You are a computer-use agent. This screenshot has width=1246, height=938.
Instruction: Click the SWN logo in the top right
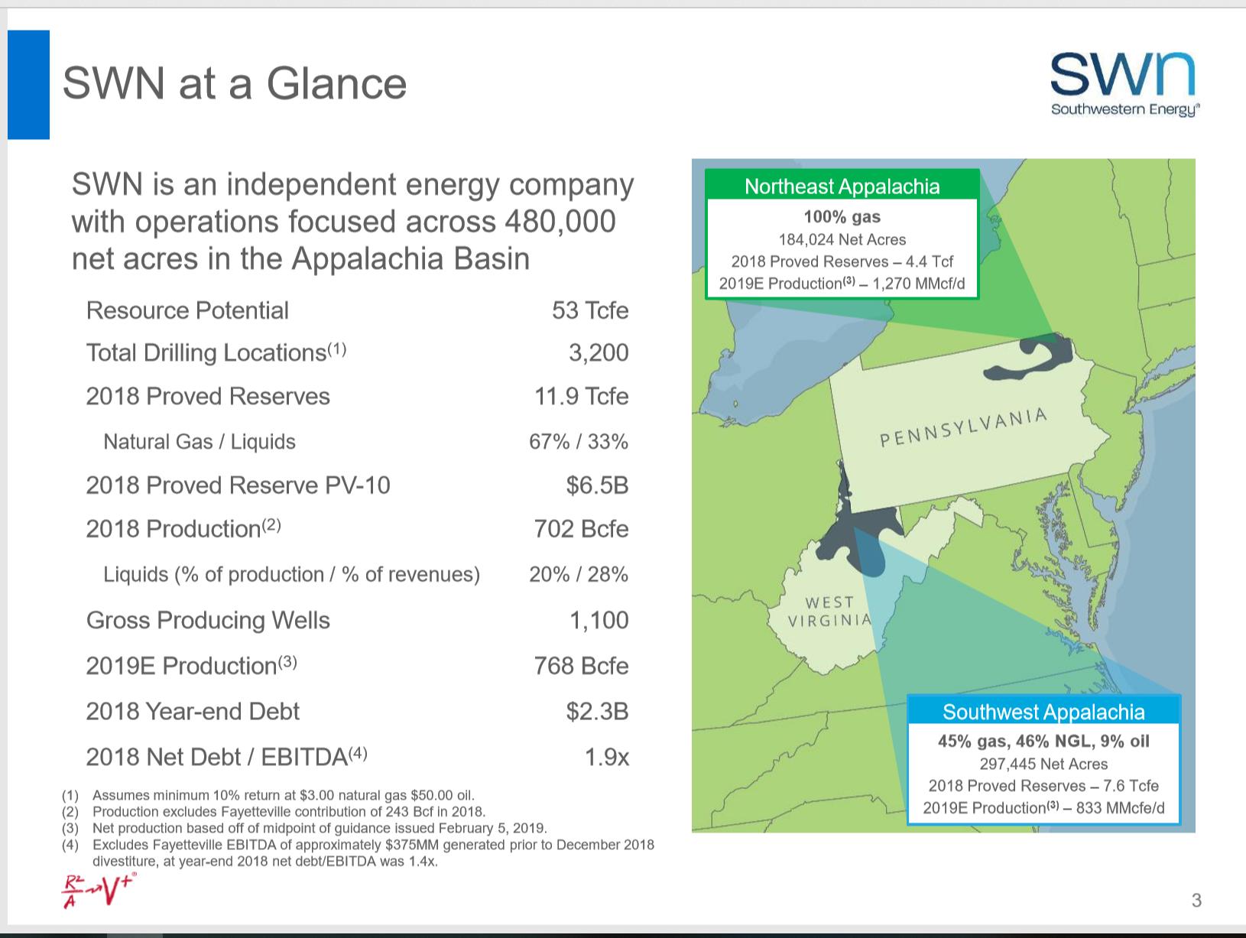click(x=1124, y=83)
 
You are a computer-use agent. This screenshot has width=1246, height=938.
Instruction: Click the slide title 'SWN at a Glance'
click(x=234, y=83)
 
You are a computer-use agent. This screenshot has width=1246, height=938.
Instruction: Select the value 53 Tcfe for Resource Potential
click(x=589, y=310)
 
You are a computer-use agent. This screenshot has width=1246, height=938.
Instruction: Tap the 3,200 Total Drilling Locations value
click(x=598, y=352)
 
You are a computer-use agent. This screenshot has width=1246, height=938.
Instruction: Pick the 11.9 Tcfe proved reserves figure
click(x=581, y=396)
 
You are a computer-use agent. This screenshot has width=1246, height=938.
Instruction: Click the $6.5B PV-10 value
click(x=596, y=485)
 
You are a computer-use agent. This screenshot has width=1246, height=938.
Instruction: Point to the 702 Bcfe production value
click(x=581, y=529)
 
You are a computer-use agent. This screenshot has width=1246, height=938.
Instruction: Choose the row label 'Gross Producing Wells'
click(x=208, y=620)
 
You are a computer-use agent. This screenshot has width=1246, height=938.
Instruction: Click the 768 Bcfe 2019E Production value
click(x=581, y=666)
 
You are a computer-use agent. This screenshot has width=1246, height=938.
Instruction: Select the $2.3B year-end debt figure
click(x=596, y=712)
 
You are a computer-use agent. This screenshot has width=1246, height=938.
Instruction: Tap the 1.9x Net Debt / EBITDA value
click(x=606, y=758)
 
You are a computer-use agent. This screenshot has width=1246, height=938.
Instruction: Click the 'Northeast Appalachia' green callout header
click(x=842, y=187)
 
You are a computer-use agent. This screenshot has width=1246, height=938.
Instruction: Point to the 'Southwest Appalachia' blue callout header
click(x=1043, y=712)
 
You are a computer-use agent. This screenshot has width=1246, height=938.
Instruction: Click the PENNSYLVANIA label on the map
click(x=963, y=428)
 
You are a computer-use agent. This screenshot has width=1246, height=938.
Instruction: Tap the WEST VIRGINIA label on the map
click(x=830, y=612)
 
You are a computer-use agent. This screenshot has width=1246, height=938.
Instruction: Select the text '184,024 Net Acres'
click(x=842, y=239)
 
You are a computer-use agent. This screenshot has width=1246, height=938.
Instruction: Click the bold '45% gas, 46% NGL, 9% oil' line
click(x=1043, y=741)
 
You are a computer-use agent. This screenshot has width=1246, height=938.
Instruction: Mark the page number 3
click(x=1196, y=901)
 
